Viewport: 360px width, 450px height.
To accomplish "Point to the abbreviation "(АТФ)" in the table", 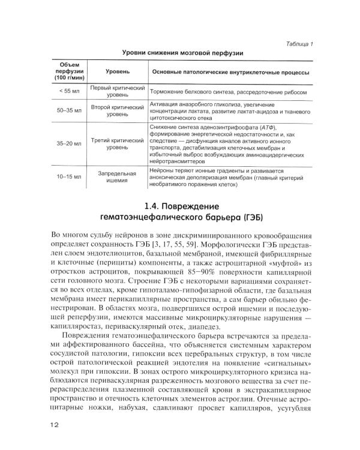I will [262, 128].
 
